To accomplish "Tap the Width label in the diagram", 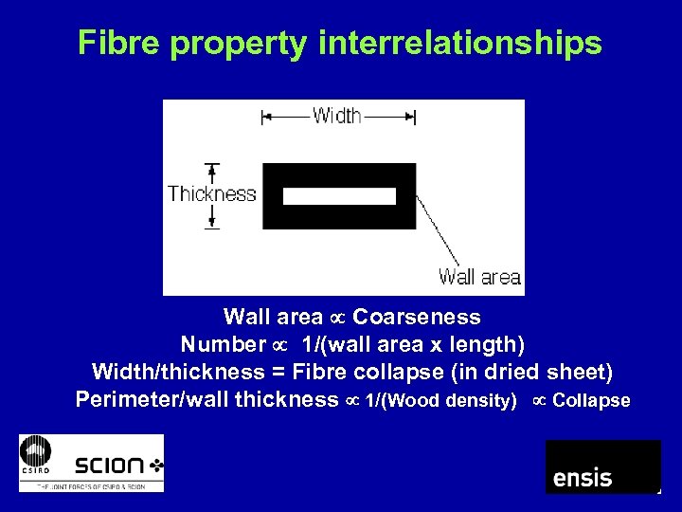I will (x=336, y=116).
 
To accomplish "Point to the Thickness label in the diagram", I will (x=212, y=194).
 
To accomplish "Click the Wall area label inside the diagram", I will (x=479, y=277).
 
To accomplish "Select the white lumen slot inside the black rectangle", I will (x=339, y=196).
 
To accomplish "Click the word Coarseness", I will (x=417, y=317).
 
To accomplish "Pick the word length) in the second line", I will (x=492, y=343).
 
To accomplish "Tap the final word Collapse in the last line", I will (x=591, y=400).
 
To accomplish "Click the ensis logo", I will (x=602, y=466).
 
